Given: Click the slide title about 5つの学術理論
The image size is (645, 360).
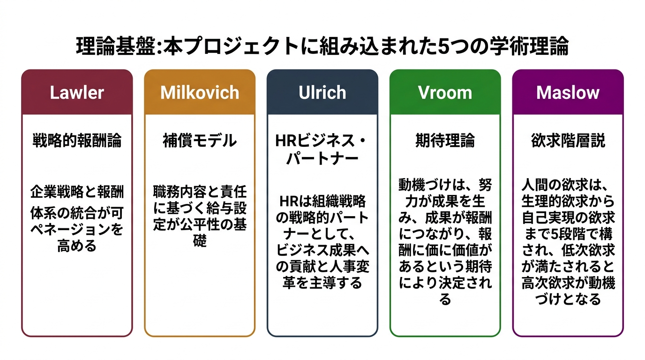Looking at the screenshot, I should coord(322,47).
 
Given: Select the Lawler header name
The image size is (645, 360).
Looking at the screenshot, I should coord(77,92).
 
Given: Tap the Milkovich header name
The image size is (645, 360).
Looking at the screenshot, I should coord(200,92).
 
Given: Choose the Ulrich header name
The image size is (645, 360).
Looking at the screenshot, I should coord(322,92).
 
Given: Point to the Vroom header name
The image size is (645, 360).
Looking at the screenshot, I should coord(445,92).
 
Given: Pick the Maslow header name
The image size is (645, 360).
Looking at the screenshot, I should coord(568,92).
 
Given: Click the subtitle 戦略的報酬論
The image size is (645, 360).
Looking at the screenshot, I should coord(77,141).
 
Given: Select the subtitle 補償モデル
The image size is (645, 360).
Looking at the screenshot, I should coord(200,141).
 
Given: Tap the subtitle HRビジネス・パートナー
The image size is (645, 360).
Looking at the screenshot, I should coord(322,149).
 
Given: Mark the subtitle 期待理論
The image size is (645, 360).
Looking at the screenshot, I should coord(445,141).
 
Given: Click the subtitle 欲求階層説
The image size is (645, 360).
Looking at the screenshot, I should coord(568,141).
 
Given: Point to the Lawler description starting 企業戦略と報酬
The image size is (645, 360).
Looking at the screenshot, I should coord(77,218).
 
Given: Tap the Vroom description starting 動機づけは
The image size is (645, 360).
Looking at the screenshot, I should coord(445,241).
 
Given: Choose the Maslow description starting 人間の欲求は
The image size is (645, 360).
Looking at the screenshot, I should coord(568,241).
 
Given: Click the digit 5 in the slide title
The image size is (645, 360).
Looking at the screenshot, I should coord(442,47).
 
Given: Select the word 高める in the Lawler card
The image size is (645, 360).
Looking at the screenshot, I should coord(77,246).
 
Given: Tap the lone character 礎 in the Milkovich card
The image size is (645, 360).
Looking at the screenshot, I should coord(200,242).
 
